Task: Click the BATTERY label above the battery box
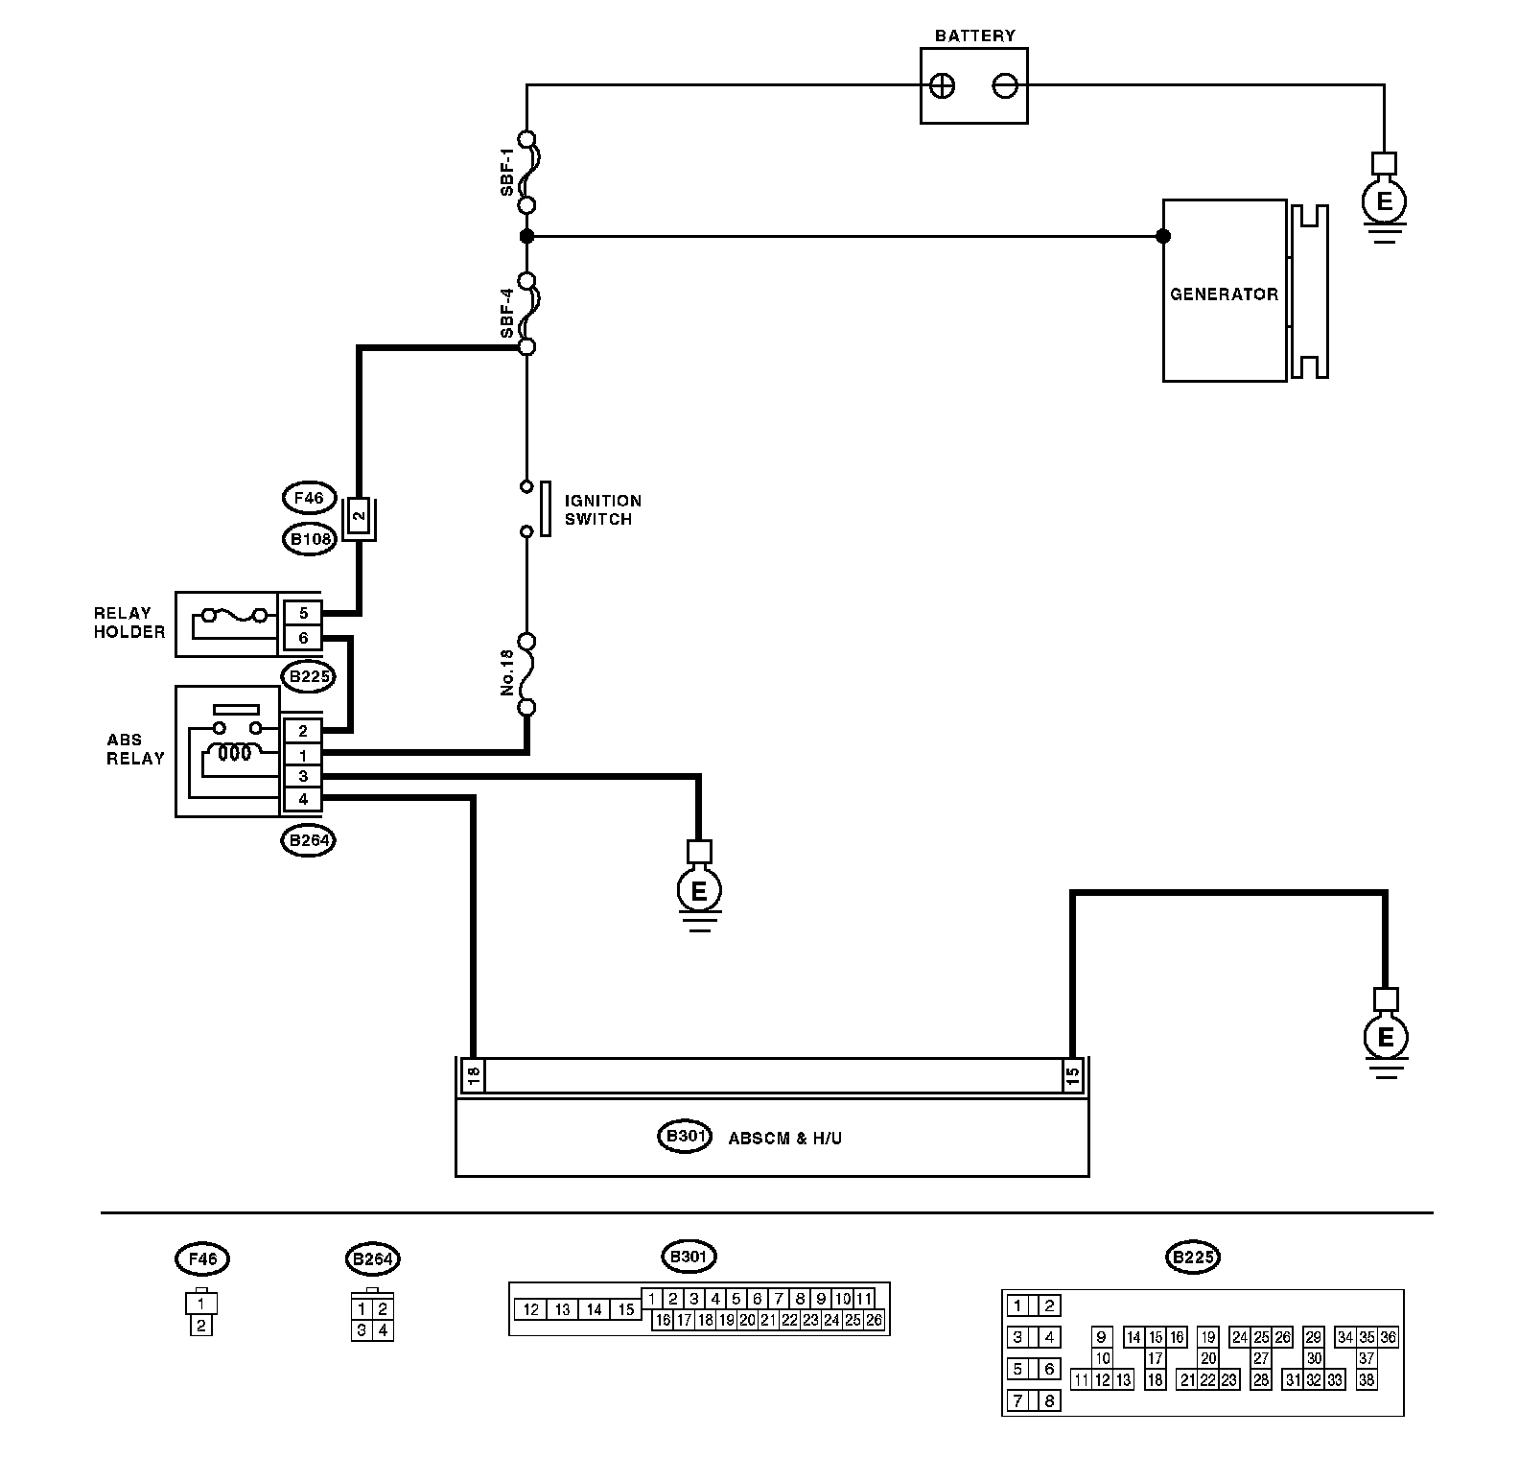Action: [x=974, y=35]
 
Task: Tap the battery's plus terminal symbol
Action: [x=943, y=86]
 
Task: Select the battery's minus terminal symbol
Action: [x=1004, y=86]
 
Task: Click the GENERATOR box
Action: [x=1225, y=291]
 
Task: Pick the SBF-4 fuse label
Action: [x=507, y=314]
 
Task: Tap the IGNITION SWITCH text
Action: [x=602, y=509]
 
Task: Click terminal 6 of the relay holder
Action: [x=303, y=638]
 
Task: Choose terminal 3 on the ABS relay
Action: [x=303, y=776]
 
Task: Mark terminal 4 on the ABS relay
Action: [x=303, y=799]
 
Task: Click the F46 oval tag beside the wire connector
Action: [x=309, y=498]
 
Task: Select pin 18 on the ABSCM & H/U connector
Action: [x=473, y=1074]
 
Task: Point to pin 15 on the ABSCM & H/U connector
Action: [x=1073, y=1074]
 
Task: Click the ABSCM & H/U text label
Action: [x=785, y=1139]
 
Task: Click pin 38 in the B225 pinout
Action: [x=1367, y=1380]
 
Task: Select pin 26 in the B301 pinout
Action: [x=874, y=1320]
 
